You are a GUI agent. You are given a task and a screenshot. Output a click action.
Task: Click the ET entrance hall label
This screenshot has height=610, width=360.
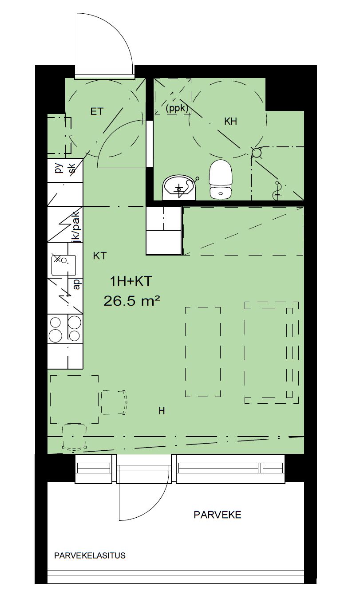tap(97, 111)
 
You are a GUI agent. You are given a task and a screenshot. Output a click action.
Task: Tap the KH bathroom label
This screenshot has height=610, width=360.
tap(230, 122)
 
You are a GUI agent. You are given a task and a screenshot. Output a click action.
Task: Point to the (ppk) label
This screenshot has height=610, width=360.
tap(177, 108)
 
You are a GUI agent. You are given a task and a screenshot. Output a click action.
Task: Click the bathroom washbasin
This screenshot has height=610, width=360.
tap(179, 188)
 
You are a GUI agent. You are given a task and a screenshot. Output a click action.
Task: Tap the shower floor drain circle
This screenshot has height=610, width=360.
tap(256, 153)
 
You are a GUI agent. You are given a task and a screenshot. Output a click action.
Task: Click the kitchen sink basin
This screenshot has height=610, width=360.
tap(63, 265)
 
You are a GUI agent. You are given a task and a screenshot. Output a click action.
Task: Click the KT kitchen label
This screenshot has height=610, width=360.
tap(100, 256)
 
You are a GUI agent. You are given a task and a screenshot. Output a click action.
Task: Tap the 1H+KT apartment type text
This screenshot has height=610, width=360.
tap(131, 281)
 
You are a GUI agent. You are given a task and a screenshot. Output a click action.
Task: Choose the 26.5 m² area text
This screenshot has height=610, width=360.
tap(131, 301)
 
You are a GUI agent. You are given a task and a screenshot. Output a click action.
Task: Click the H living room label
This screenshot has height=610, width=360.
tap(162, 411)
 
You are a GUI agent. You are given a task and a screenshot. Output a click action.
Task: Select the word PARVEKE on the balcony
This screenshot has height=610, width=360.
tap(218, 515)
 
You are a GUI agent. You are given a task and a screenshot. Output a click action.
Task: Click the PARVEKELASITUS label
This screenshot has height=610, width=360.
tap(90, 555)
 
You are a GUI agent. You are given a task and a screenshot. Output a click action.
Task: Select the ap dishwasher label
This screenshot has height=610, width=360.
tap(77, 284)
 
